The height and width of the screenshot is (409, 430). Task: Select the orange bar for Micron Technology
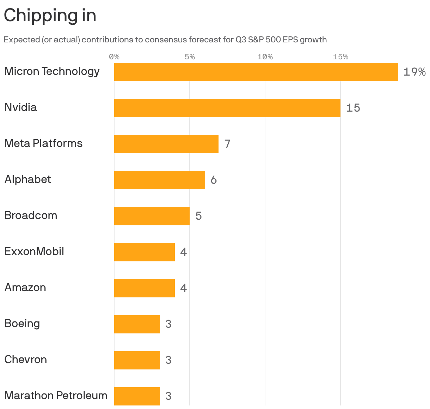pos(256,72)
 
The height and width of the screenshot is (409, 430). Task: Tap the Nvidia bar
pos(227,108)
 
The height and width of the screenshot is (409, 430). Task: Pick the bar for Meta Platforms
pos(166,144)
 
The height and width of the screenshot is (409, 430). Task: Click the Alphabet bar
pos(160,180)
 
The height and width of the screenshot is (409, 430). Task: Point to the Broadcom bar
pos(152,216)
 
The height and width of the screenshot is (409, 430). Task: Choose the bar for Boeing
pos(137,324)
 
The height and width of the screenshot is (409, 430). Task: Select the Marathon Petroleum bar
pos(137,396)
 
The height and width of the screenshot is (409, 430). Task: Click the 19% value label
pos(414,72)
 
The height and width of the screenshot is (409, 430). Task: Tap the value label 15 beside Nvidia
pos(353,108)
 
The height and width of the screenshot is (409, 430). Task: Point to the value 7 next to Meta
pos(227,144)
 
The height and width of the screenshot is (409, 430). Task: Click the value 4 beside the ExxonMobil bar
pos(184,252)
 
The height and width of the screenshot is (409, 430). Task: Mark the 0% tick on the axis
pos(114,57)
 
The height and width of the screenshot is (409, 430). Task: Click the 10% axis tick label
pos(265,57)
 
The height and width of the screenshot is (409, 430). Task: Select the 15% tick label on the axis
pos(340,57)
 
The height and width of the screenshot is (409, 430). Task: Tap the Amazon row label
pos(25,288)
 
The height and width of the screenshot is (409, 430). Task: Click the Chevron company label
pos(26,360)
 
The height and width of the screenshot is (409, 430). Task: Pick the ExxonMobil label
pos(34,251)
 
